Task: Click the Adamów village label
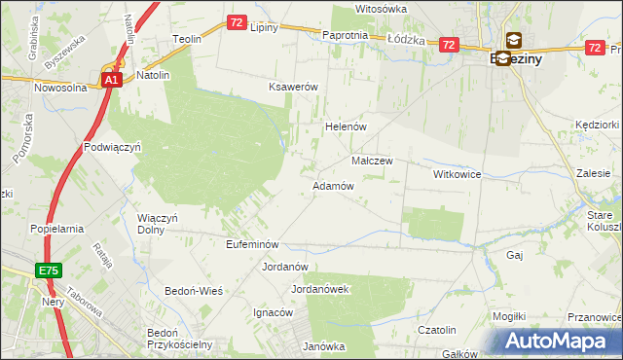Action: [332, 185]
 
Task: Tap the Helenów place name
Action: [344, 127]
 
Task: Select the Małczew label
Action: [371, 161]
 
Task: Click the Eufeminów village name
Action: [252, 244]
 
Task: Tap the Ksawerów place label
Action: [294, 87]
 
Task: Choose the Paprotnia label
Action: [345, 35]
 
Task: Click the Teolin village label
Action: [186, 39]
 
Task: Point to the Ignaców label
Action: [273, 313]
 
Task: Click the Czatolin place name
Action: [437, 331]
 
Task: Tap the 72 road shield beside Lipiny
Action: [237, 21]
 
